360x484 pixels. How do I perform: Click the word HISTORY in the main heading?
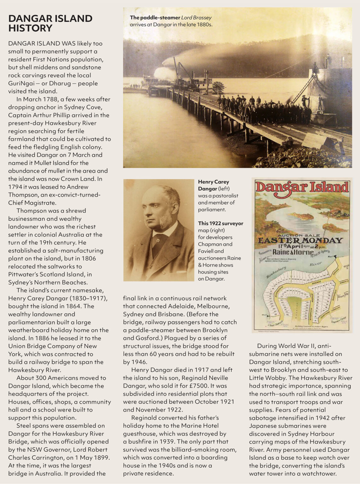click(30, 28)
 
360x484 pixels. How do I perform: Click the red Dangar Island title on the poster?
click(302, 187)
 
